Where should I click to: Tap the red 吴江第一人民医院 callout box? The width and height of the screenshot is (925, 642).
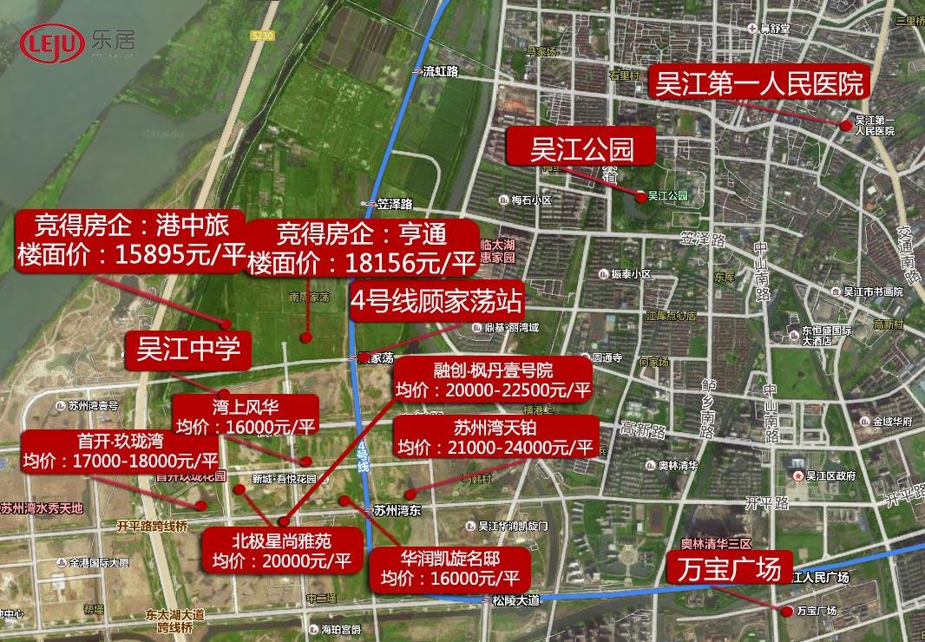(759, 83)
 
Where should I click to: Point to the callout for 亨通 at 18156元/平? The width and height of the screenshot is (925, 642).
(362, 248)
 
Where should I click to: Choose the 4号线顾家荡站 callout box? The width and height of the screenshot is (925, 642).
(436, 301)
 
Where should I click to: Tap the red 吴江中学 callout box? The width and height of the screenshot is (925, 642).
(187, 350)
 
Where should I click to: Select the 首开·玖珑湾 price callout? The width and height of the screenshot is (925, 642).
(121, 449)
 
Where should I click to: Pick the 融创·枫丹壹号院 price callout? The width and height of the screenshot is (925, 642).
(492, 378)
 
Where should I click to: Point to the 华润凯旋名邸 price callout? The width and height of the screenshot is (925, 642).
(449, 567)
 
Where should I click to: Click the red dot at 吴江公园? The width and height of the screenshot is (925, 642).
(640, 197)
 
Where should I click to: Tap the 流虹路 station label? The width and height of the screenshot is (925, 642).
(439, 72)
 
